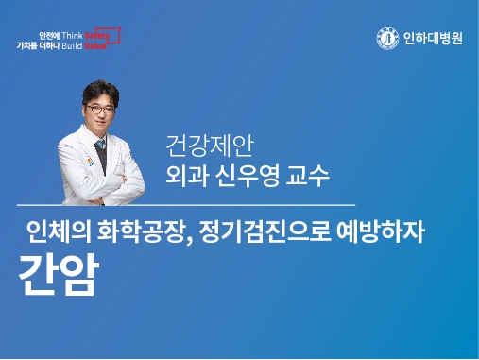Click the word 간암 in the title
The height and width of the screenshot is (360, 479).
tap(58, 273)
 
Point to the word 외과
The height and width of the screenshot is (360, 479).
tap(188, 176)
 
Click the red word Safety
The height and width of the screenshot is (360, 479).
tap(108, 34)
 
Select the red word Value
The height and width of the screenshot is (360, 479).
tap(105, 43)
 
